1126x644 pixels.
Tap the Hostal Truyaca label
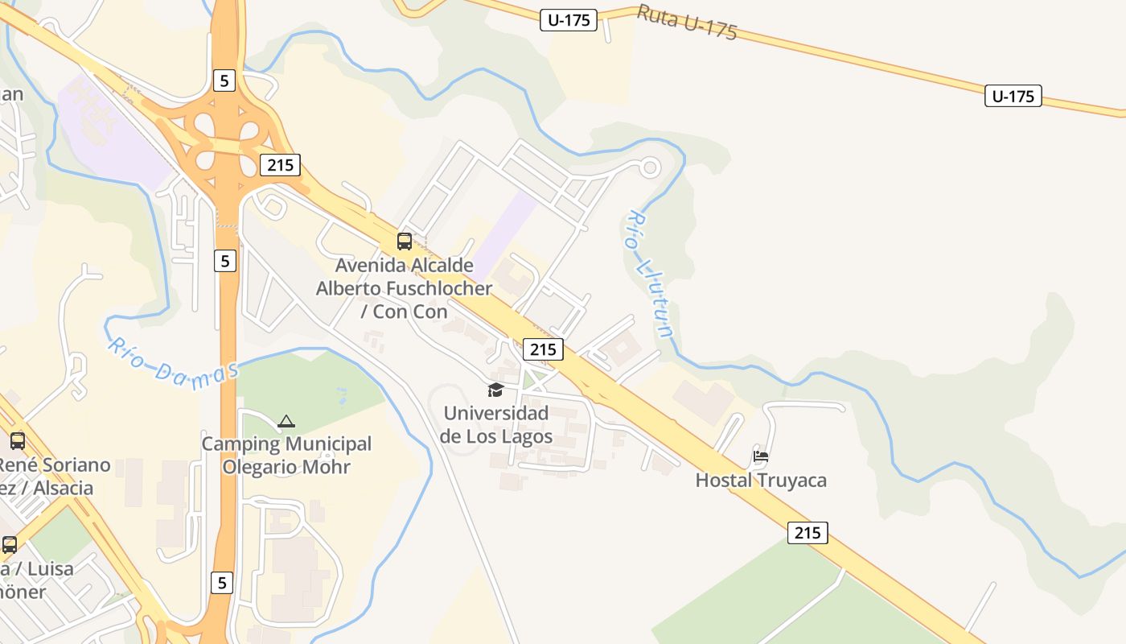click(761, 481)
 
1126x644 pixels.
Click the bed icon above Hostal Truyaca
click(761, 456)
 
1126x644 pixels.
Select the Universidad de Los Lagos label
click(495, 425)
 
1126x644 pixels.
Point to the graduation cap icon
click(495, 390)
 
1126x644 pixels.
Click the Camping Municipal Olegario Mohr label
click(286, 455)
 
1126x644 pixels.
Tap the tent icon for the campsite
click(286, 421)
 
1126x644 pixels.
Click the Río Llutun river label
click(650, 274)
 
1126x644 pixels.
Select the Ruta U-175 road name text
click(687, 23)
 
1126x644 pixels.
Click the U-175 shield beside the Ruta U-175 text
click(569, 21)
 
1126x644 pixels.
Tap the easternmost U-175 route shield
click(1013, 97)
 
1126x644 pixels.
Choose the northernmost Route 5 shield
click(224, 80)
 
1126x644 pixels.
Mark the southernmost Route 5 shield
click(223, 582)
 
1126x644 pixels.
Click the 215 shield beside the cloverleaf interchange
click(280, 166)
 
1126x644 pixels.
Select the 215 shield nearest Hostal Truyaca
click(808, 532)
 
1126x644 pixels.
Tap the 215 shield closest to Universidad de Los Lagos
click(543, 349)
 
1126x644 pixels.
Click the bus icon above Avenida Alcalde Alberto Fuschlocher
click(405, 241)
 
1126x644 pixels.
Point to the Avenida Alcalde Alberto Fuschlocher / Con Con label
click(404, 288)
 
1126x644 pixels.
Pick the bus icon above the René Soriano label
click(18, 441)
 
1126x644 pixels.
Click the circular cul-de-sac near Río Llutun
click(650, 167)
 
